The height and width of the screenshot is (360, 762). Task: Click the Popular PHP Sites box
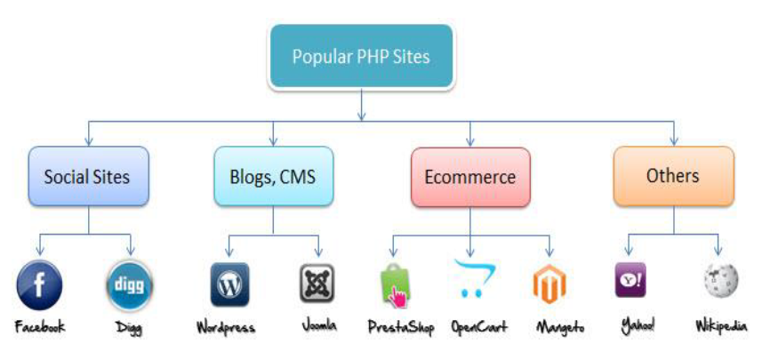(x=361, y=57)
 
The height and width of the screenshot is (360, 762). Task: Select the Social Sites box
(x=87, y=177)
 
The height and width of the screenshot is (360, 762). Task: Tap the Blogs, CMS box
(x=274, y=177)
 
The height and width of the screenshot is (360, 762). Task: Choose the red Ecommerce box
(x=470, y=177)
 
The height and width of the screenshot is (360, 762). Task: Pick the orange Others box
(x=673, y=176)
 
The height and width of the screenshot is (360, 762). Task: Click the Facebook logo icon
(x=40, y=285)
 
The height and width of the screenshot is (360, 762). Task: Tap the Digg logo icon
(x=130, y=285)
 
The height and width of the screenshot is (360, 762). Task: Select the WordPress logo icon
(x=229, y=285)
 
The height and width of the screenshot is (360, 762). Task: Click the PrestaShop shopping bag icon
(x=394, y=285)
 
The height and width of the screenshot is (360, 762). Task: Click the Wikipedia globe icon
(x=720, y=282)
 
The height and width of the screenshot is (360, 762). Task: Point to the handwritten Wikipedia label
(x=720, y=327)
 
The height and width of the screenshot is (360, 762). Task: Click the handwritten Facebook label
(x=40, y=327)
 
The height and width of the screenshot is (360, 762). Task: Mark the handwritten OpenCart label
(x=479, y=327)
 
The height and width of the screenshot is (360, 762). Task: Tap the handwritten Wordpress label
(x=225, y=328)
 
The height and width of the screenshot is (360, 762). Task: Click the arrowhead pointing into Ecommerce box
(x=470, y=141)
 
